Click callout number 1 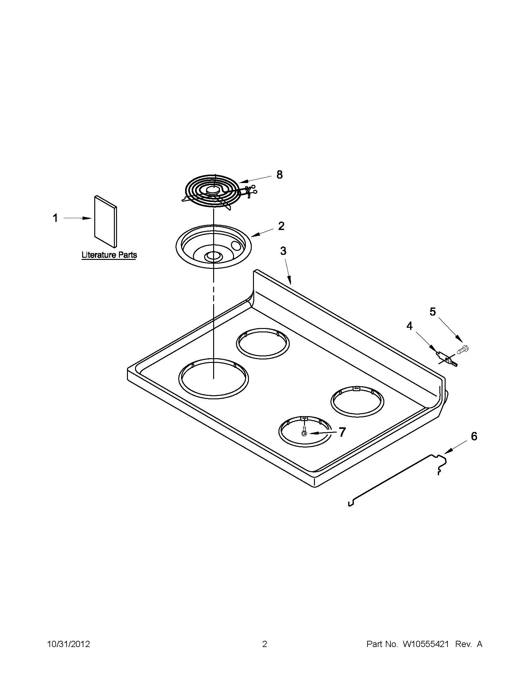coord(55,218)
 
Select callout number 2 coord(281,226)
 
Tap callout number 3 coord(283,251)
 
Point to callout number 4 coord(410,326)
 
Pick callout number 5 coord(433,312)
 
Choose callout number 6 coord(474,436)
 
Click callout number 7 coord(342,432)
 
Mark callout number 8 coord(279,174)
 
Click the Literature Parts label coord(109,255)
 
